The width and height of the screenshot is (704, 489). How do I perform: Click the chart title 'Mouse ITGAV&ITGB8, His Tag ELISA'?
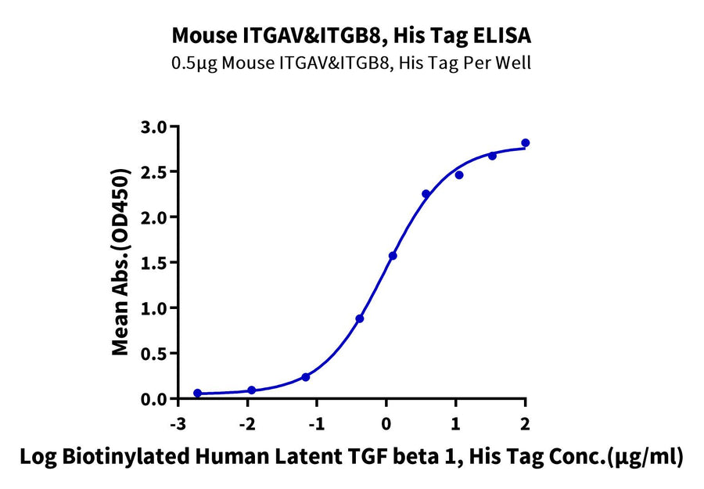[x=351, y=35]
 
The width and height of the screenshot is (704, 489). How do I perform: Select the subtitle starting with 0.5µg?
[x=351, y=63]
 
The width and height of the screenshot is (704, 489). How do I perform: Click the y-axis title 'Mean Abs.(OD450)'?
[x=121, y=262]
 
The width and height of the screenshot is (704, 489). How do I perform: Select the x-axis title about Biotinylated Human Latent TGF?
[x=352, y=457]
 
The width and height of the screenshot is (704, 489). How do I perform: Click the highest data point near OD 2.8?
[x=525, y=142]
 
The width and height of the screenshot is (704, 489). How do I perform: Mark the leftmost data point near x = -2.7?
[x=197, y=394]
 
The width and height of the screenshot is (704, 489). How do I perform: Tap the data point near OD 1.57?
[x=393, y=256]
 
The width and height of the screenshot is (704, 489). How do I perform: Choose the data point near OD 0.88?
[x=359, y=318]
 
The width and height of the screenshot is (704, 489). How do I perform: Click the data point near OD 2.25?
[x=426, y=194]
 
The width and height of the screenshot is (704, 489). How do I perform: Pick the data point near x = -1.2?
[x=306, y=377]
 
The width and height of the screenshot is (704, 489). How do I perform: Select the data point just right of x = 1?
[x=459, y=174]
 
